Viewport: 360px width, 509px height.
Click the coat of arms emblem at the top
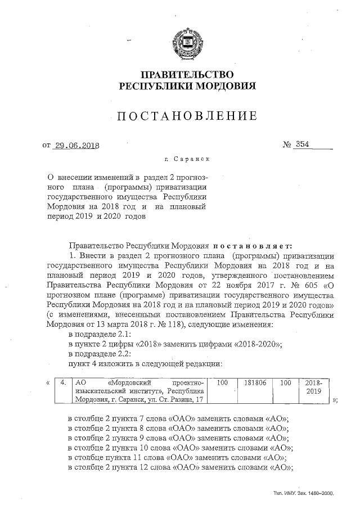coord(186,43)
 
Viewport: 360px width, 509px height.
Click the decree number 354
coord(302,144)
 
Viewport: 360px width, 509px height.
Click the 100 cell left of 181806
coord(222,383)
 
